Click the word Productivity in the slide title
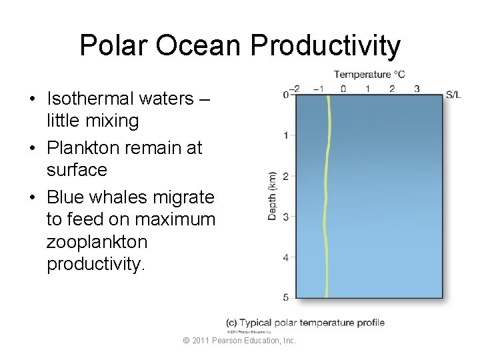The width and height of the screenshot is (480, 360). pyautogui.click(x=326, y=46)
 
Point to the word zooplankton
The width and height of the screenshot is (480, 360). pyautogui.click(x=97, y=241)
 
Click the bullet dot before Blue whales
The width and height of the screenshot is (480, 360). pyautogui.click(x=32, y=198)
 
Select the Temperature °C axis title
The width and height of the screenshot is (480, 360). pyautogui.click(x=369, y=75)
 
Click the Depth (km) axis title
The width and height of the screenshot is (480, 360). pyautogui.click(x=272, y=197)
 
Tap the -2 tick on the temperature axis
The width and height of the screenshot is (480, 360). pyautogui.click(x=294, y=89)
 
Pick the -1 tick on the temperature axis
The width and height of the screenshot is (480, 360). pyautogui.click(x=319, y=89)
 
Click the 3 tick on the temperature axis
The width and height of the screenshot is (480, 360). pyautogui.click(x=417, y=89)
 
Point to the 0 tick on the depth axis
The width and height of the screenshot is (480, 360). pyautogui.click(x=285, y=95)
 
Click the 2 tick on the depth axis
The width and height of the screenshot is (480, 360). pyautogui.click(x=285, y=176)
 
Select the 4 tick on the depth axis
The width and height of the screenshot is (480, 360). pyautogui.click(x=285, y=257)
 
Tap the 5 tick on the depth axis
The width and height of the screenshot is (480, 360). pyautogui.click(x=285, y=297)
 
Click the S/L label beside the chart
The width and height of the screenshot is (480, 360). pyautogui.click(x=453, y=95)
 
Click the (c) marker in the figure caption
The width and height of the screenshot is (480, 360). pyautogui.click(x=232, y=323)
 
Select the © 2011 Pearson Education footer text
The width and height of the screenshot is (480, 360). pyautogui.click(x=239, y=341)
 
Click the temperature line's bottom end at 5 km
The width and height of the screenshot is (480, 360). pyautogui.click(x=326, y=296)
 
